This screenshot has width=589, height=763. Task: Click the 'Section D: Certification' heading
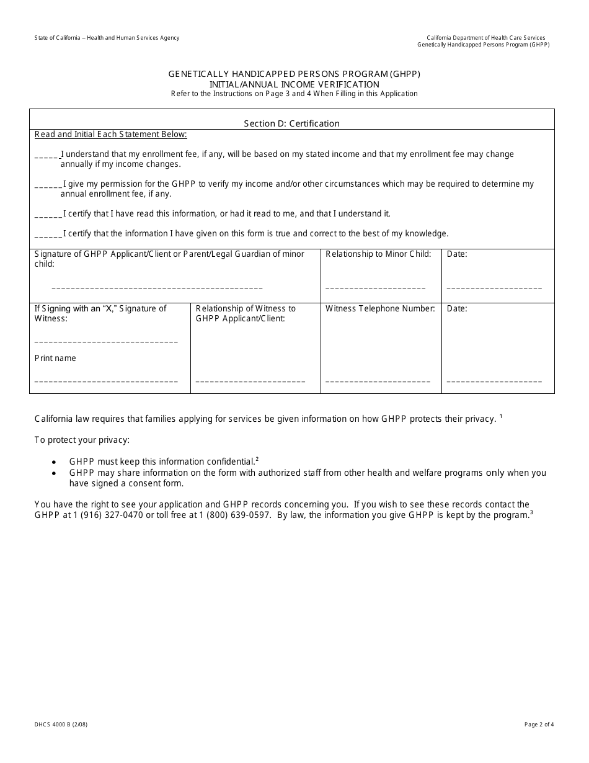(x=291, y=123)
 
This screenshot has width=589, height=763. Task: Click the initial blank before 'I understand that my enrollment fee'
(x=47, y=155)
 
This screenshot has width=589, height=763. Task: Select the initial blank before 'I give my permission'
(x=48, y=185)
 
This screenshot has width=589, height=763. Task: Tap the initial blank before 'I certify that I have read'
(x=48, y=215)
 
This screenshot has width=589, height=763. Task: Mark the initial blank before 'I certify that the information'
(x=48, y=234)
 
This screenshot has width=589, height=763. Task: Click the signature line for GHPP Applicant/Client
(x=157, y=288)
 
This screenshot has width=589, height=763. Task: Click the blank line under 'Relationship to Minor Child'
(x=375, y=288)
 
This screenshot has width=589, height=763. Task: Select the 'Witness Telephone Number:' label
(x=379, y=308)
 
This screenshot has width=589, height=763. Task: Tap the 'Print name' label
(x=55, y=358)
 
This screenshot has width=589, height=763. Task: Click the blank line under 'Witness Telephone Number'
(x=378, y=381)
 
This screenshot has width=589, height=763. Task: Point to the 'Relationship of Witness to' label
(x=246, y=308)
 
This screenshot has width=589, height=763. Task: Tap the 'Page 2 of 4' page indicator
(x=539, y=724)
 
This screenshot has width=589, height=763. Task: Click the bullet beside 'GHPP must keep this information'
(x=55, y=462)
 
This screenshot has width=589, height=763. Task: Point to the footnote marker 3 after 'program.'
(x=531, y=512)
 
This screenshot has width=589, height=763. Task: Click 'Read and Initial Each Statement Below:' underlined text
(x=110, y=134)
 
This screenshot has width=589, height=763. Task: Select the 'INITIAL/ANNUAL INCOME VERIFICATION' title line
(x=294, y=84)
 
